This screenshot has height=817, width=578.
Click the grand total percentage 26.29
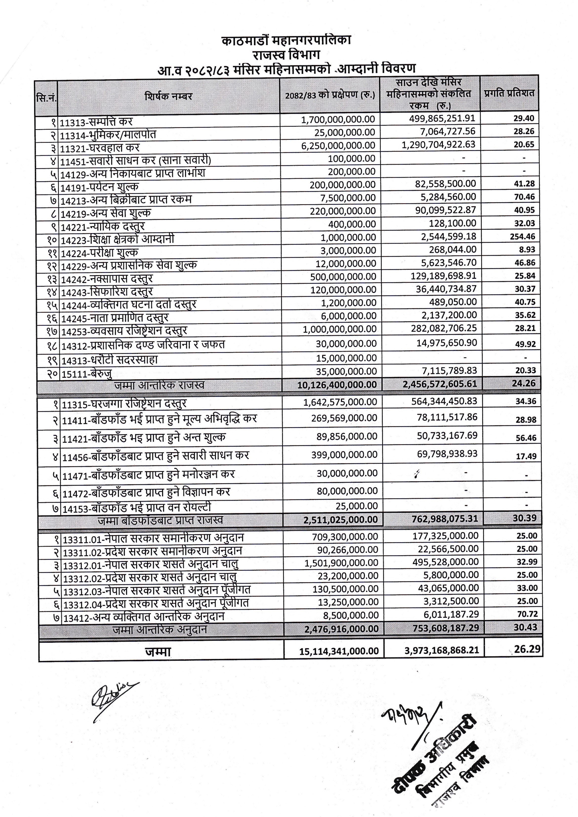527,649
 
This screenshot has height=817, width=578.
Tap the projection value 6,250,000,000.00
338,145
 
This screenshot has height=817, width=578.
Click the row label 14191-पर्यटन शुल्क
99,187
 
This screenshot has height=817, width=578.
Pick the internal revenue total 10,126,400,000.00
337,385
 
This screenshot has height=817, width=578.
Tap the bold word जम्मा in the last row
158,651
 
